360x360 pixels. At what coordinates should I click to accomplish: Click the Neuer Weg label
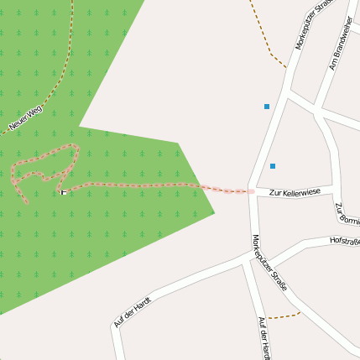click(x=24, y=119)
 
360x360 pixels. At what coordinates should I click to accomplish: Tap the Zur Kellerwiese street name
click(x=289, y=192)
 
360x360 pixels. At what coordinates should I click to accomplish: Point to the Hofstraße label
click(x=345, y=241)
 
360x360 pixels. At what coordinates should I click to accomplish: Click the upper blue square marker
click(x=267, y=107)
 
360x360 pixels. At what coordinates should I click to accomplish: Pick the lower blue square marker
click(x=273, y=166)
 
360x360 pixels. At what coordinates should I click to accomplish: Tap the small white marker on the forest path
click(x=63, y=192)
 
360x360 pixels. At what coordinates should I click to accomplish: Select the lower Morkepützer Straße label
click(x=270, y=263)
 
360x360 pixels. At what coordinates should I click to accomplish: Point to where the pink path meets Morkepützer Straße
click(x=252, y=191)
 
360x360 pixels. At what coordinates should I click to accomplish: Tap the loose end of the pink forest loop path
click(x=27, y=202)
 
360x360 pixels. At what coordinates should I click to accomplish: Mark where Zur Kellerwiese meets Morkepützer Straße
click(x=253, y=192)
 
